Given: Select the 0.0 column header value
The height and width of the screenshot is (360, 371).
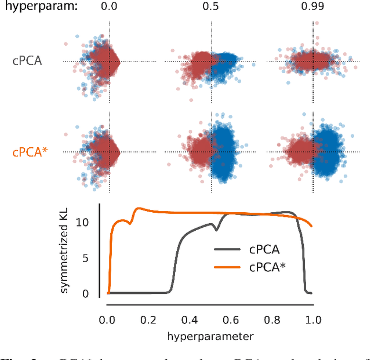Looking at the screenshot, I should [108, 8].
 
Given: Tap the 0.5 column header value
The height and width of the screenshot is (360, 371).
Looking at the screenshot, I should [211, 8].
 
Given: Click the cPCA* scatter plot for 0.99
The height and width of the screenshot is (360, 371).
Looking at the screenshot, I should [313, 152].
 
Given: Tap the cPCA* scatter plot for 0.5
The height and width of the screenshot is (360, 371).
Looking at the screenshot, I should [211, 152].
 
